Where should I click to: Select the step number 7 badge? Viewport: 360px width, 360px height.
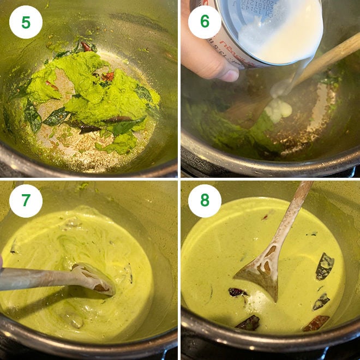(x=26, y=201)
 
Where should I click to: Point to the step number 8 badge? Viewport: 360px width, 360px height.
(x=205, y=201)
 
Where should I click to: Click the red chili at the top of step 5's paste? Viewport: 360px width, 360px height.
(x=86, y=47)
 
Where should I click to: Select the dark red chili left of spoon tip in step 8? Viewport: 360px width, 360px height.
(x=238, y=292)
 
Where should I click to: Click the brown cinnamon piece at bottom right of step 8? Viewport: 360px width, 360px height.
(x=319, y=323)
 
